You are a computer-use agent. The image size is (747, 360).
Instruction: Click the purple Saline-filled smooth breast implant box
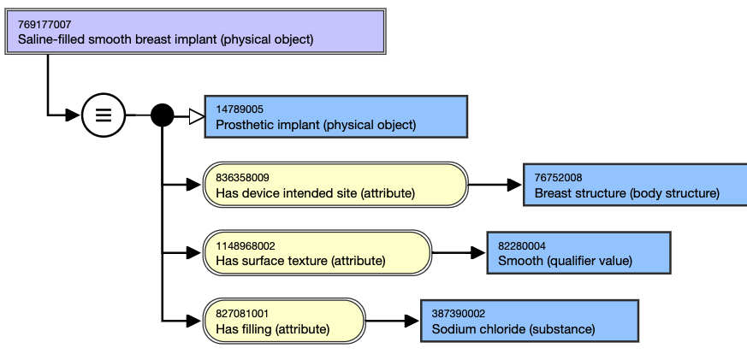click(195, 32)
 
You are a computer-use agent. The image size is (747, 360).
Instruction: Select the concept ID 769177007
click(44, 24)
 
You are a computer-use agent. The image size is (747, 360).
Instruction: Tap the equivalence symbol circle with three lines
click(104, 115)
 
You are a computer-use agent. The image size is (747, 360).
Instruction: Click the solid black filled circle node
click(162, 115)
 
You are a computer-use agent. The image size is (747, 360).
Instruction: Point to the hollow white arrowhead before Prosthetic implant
click(197, 116)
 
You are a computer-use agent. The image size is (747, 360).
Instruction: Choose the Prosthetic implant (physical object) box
click(336, 116)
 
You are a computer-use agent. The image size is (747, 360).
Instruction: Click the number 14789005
click(240, 109)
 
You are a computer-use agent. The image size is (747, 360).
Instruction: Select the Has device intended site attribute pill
click(336, 185)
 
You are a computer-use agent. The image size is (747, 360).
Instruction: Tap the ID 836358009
click(242, 178)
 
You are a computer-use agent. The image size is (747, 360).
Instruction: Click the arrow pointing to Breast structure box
click(495, 185)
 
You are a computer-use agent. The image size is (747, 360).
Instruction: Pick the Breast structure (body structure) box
click(635, 185)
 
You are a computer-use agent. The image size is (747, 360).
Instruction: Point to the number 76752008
click(559, 178)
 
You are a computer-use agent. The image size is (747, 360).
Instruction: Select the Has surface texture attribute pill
click(317, 253)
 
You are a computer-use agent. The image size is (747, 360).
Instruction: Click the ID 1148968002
click(246, 246)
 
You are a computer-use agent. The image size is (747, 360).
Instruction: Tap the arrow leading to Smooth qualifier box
click(459, 253)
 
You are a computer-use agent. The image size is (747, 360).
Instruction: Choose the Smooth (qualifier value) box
click(578, 253)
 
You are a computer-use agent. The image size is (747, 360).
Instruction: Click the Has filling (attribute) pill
click(284, 321)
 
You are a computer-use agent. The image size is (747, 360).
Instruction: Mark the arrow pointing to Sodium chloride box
click(393, 321)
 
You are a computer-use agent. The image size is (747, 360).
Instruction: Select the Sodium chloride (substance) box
click(530, 321)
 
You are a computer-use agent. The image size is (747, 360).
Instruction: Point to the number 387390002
click(459, 314)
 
